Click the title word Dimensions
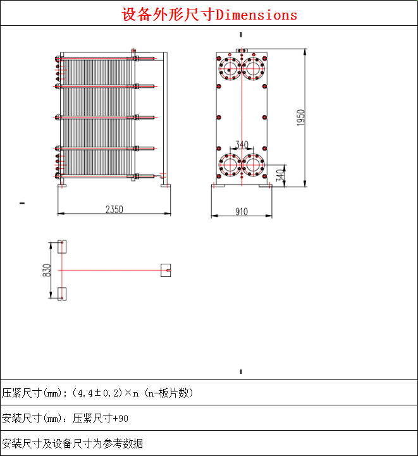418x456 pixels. [x=256, y=15]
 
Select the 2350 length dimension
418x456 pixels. [x=114, y=209]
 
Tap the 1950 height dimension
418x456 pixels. [x=301, y=118]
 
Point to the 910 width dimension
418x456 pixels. [x=241, y=212]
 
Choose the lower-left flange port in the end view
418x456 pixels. [x=228, y=166]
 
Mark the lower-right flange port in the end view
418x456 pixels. [x=254, y=166]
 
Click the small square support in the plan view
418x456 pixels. [x=166, y=270]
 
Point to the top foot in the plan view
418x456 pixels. [x=61, y=247]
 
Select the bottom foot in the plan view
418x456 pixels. [x=61, y=294]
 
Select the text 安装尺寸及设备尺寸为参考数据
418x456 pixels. [x=72, y=443]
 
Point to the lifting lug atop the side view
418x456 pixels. [x=133, y=51]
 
